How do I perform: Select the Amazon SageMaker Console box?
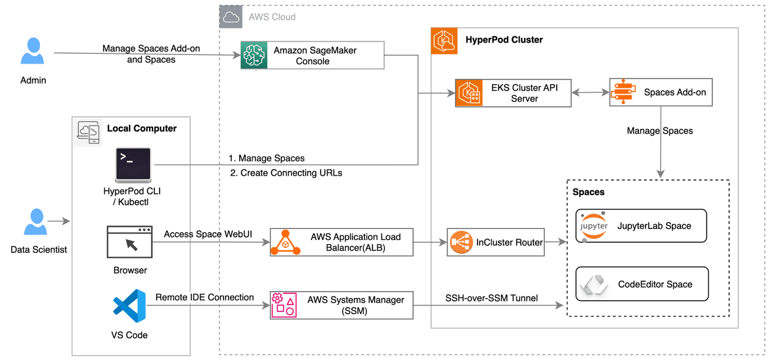pyautogui.click(x=313, y=56)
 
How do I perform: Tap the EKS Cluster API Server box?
pyautogui.click(x=513, y=93)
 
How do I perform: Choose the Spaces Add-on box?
pyautogui.click(x=661, y=92)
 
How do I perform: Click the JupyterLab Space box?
pyautogui.click(x=641, y=226)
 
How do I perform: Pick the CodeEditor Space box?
pyautogui.click(x=642, y=284)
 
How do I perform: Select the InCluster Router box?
pyautogui.click(x=495, y=243)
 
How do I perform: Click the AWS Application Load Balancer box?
pyautogui.click(x=342, y=242)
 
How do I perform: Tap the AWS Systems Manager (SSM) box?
pyautogui.click(x=342, y=305)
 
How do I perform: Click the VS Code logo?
pyautogui.click(x=129, y=305)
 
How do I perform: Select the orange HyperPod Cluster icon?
pyautogui.click(x=445, y=41)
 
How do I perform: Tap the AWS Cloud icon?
pyautogui.click(x=231, y=17)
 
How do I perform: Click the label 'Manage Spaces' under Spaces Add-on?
pyautogui.click(x=660, y=131)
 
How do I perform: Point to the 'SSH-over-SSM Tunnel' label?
pyautogui.click(x=491, y=298)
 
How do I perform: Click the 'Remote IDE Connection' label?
pyautogui.click(x=205, y=297)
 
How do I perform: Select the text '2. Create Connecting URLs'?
pyautogui.click(x=286, y=173)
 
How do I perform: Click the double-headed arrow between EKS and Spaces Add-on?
pyautogui.click(x=591, y=93)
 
